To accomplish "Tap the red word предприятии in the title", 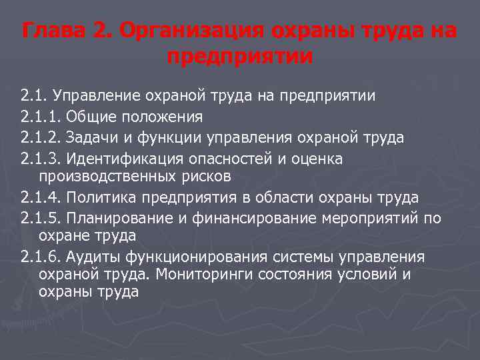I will (239, 56).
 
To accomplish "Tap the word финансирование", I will (251, 219).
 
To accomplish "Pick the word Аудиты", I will (90, 257).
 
